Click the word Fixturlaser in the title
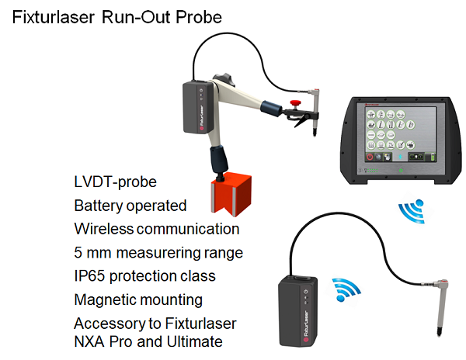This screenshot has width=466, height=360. (54, 17)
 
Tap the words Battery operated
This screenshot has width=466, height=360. (130, 206)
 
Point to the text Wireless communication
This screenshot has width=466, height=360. (157, 229)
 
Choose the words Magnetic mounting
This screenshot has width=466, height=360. (138, 299)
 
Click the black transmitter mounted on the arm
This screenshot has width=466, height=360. (198, 109)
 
